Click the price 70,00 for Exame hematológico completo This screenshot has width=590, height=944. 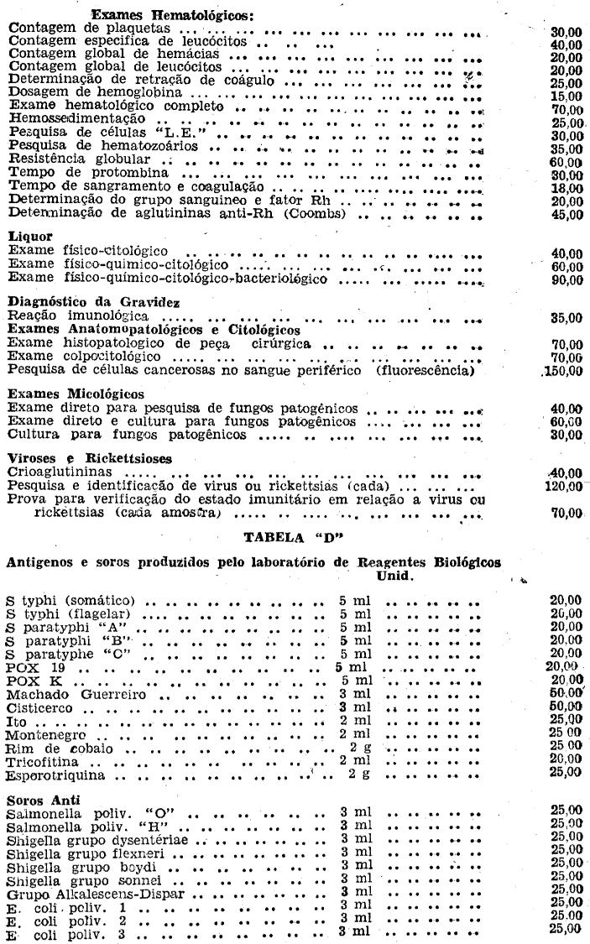pyautogui.click(x=567, y=110)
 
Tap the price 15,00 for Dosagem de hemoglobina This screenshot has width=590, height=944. pyautogui.click(x=567, y=96)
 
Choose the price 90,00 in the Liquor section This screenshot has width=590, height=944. pyautogui.click(x=567, y=279)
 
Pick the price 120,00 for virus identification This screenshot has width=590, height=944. pyautogui.click(x=563, y=486)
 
